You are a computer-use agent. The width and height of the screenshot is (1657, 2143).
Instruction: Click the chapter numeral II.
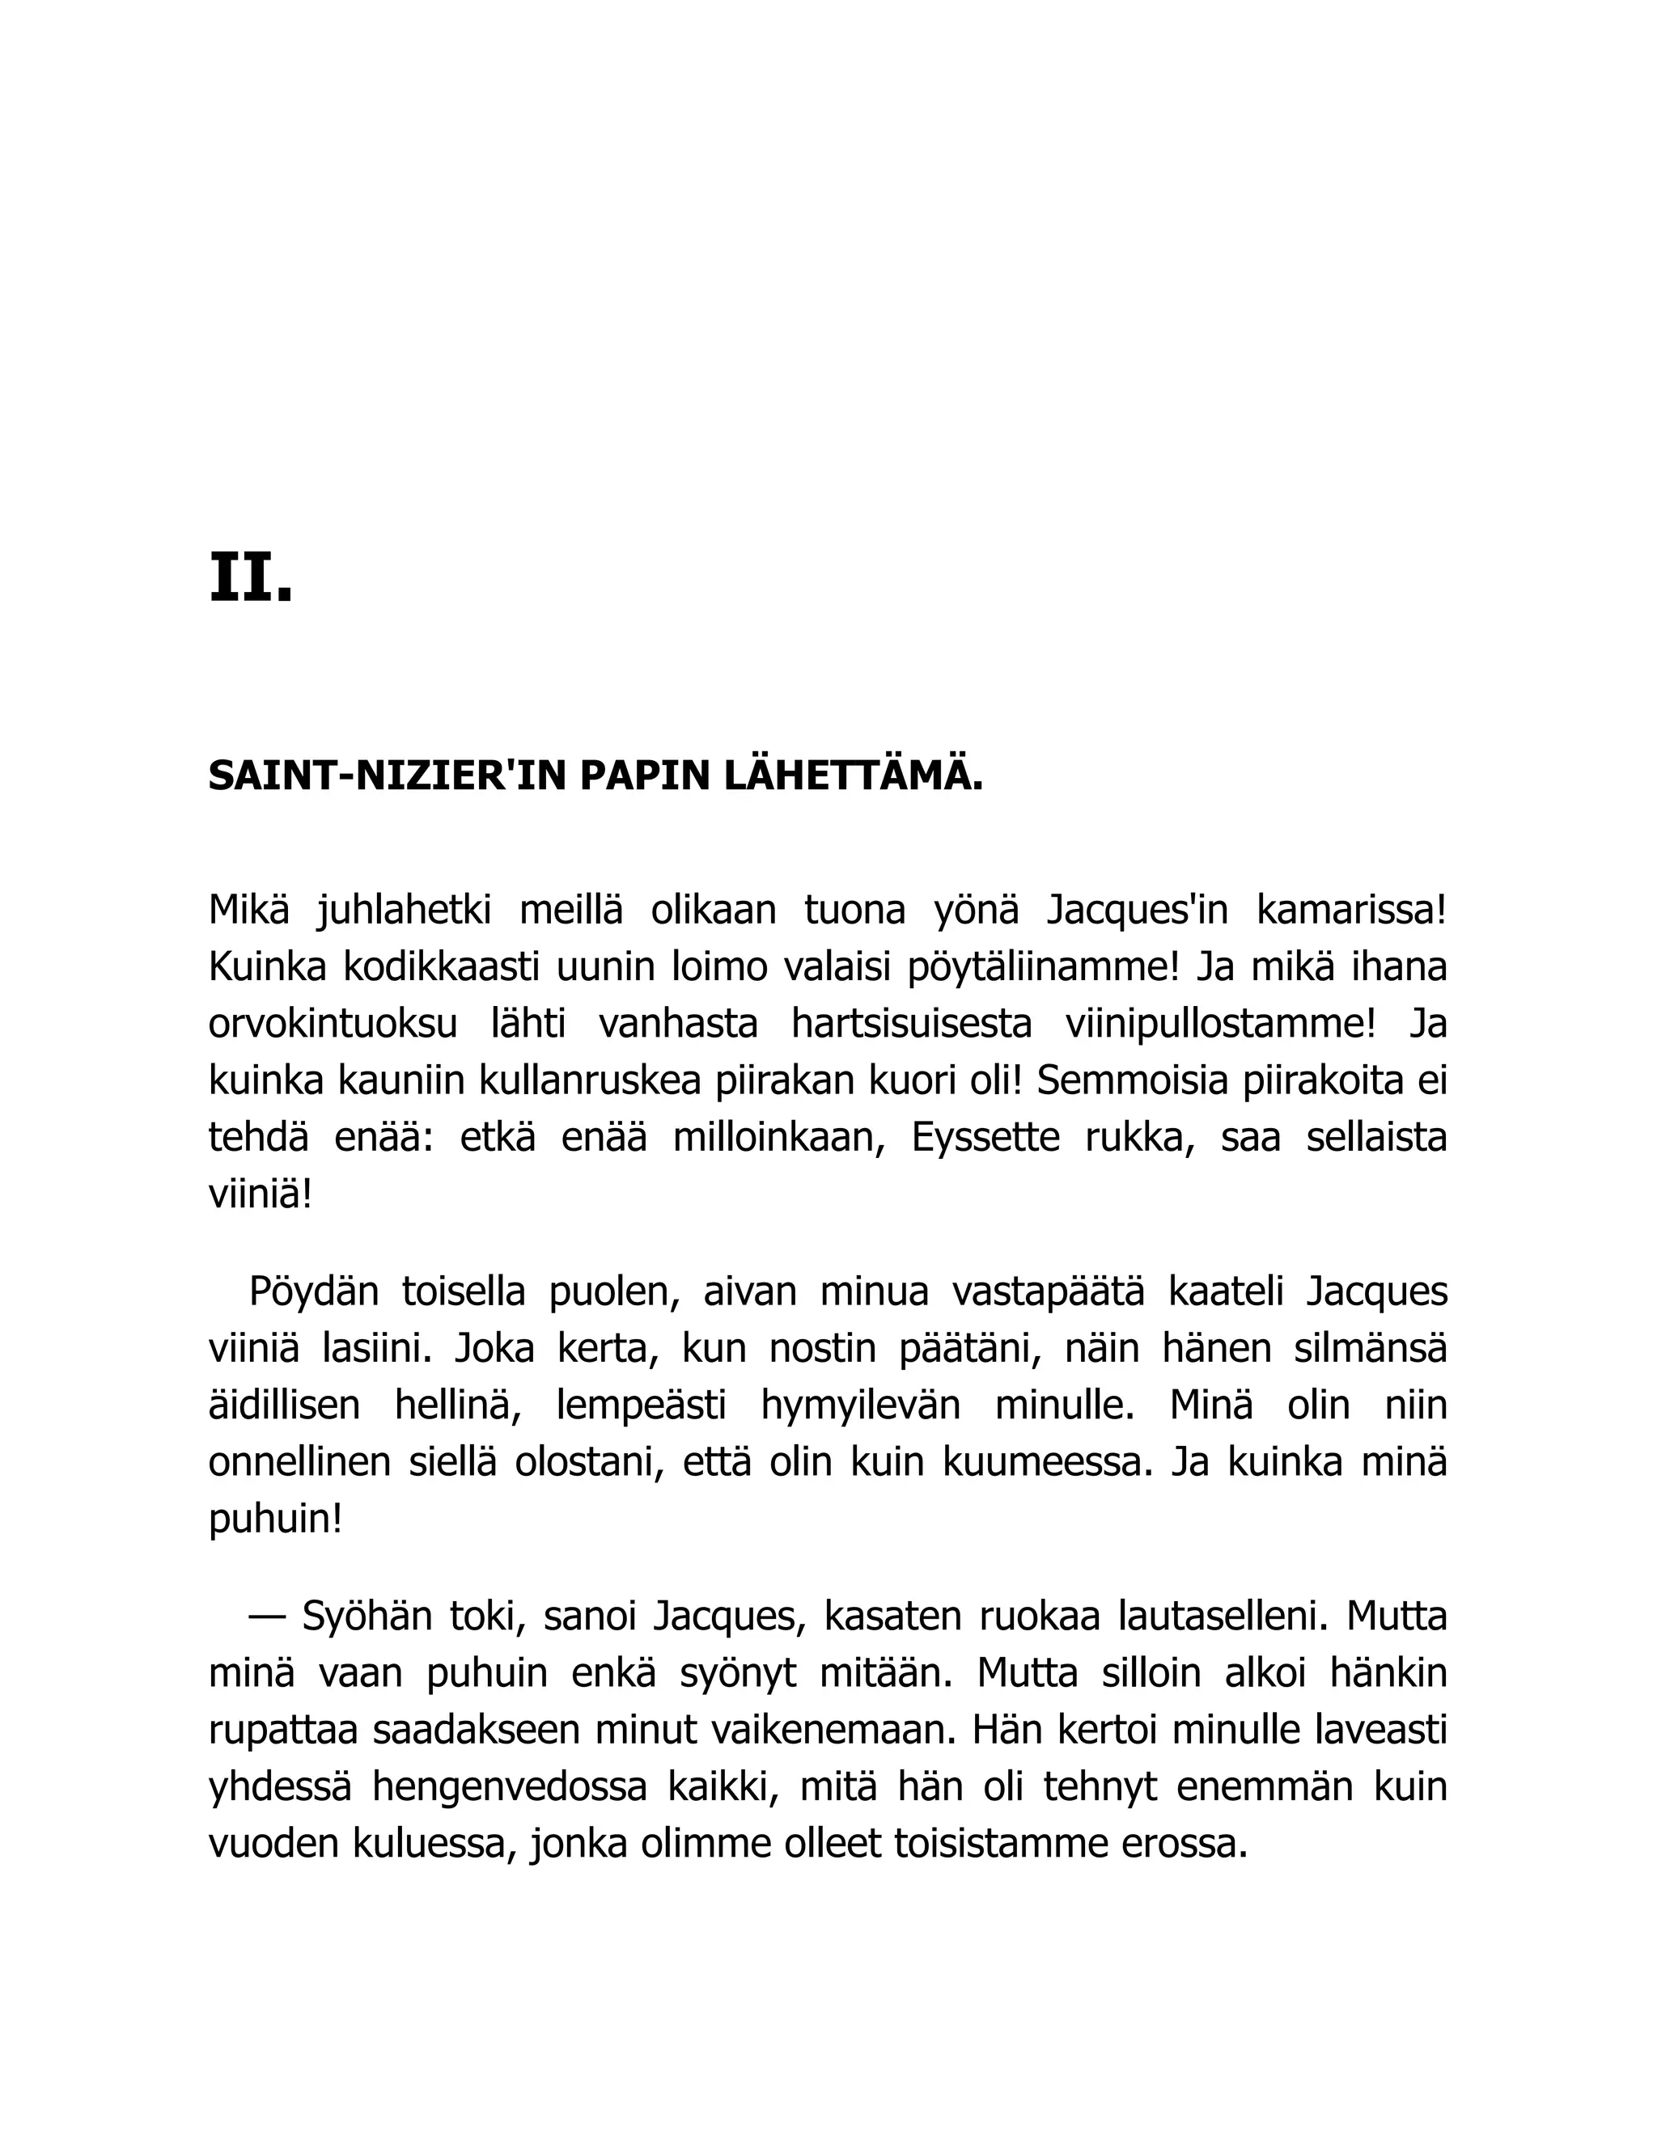[x=250, y=579]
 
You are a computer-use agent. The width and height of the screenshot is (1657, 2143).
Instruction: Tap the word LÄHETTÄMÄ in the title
[x=853, y=777]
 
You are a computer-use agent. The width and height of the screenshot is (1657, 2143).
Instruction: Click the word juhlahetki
[x=404, y=911]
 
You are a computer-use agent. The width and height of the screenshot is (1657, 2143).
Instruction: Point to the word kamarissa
[x=1350, y=911]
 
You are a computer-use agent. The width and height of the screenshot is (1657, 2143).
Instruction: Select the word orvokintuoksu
[x=333, y=1025]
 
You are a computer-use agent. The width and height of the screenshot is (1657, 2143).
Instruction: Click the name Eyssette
[x=985, y=1139]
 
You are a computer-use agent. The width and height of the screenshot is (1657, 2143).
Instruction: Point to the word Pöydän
[x=313, y=1291]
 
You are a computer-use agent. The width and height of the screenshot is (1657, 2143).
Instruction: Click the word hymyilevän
[x=860, y=1405]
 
